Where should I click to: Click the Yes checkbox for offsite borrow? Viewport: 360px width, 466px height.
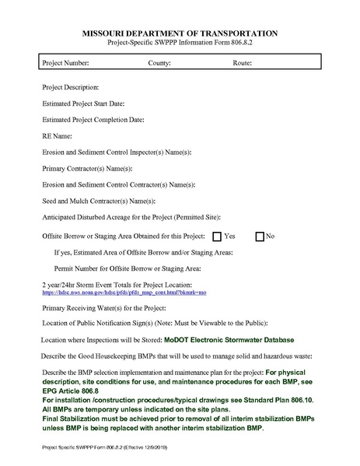coord(217,236)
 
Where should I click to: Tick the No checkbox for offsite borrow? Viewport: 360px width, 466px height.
coord(260,236)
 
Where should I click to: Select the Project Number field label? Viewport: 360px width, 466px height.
coord(66,62)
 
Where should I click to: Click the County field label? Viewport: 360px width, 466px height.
coord(159,62)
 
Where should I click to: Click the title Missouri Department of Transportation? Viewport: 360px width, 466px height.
coord(180,34)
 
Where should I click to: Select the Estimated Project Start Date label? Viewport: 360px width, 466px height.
coord(83,103)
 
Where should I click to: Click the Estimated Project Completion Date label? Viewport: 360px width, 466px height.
coord(93,119)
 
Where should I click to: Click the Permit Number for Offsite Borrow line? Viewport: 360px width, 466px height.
coord(122,268)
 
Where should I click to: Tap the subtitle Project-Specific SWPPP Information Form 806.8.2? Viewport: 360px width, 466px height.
coord(180,44)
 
